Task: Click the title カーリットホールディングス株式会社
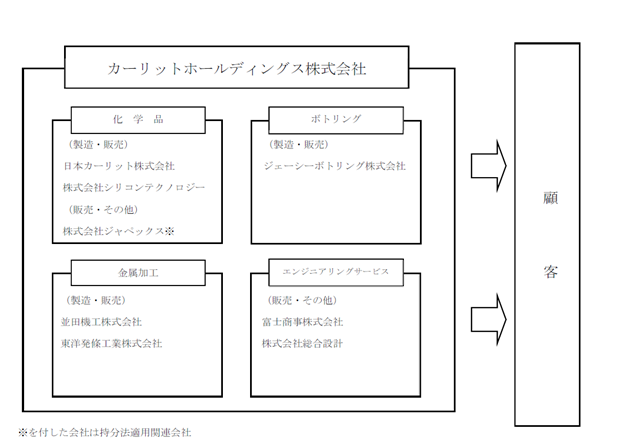(x=236, y=69)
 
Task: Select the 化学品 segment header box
(x=138, y=120)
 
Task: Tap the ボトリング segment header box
(x=336, y=120)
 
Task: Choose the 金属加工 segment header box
(x=138, y=273)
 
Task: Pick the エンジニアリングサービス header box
(x=336, y=272)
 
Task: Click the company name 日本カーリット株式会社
(x=119, y=166)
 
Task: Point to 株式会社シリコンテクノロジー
(x=134, y=188)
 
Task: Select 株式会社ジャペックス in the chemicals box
(x=114, y=231)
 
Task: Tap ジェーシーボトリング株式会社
(x=335, y=166)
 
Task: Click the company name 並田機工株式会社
(x=101, y=322)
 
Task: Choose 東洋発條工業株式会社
(x=112, y=344)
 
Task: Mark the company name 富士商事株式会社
(x=302, y=322)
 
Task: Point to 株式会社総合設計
(x=302, y=344)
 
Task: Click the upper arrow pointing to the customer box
(x=489, y=166)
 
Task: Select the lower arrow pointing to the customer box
(x=489, y=320)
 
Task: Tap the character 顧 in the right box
(x=551, y=198)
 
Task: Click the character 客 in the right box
(x=551, y=272)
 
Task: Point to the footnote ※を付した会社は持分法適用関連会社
(x=105, y=433)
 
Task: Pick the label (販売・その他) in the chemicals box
(x=102, y=210)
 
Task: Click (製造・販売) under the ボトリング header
(x=298, y=145)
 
